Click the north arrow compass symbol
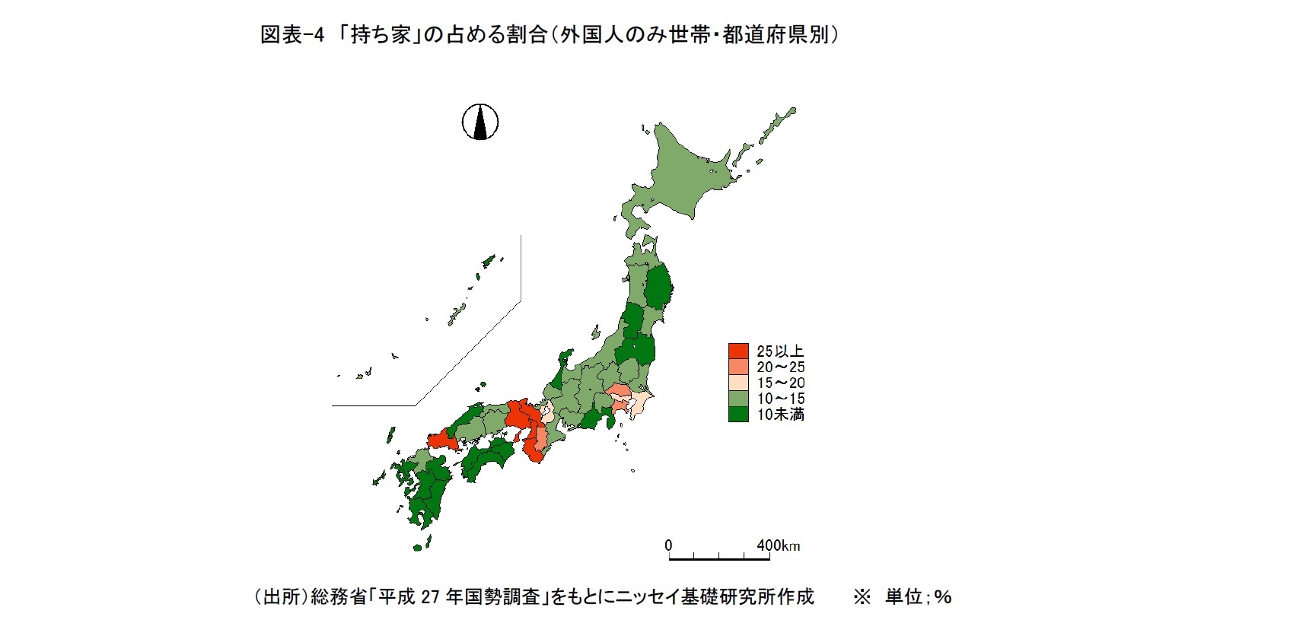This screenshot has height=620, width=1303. (x=480, y=122)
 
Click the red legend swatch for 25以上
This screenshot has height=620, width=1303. (x=738, y=351)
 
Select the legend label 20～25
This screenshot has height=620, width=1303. (x=780, y=367)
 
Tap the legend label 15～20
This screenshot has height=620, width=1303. (x=780, y=383)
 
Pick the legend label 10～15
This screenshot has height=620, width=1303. (x=780, y=399)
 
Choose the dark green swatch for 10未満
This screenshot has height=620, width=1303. (x=738, y=415)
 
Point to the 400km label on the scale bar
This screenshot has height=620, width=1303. (x=778, y=545)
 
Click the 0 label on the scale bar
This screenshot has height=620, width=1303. (x=668, y=545)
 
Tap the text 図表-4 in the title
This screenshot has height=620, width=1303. (x=292, y=35)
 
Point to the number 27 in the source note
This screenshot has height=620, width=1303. (x=430, y=596)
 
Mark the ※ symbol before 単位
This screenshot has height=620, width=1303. (x=862, y=596)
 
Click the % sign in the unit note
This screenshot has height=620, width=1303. (x=944, y=596)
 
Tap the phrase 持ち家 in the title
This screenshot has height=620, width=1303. (x=381, y=35)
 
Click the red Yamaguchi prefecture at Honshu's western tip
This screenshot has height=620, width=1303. (x=441, y=440)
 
